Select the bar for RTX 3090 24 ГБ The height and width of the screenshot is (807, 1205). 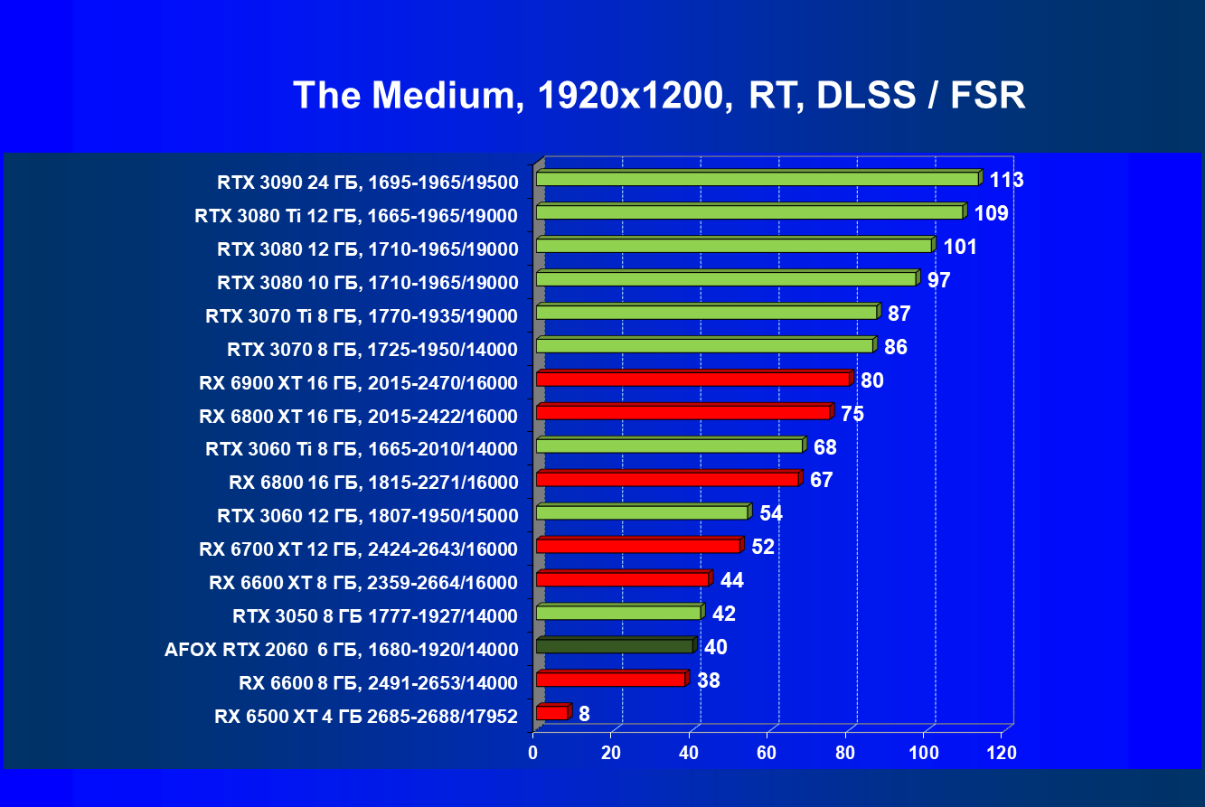point(758,179)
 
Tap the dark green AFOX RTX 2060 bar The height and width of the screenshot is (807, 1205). point(615,646)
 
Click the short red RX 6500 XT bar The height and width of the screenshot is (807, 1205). point(552,713)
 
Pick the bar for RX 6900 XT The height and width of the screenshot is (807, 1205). point(693,379)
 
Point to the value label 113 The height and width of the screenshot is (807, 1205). point(1006,180)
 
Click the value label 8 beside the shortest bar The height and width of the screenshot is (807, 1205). point(585,714)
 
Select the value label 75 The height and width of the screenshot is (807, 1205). point(852,414)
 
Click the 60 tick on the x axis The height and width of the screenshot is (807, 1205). point(767,753)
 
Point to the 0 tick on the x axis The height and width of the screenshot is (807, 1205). point(533,753)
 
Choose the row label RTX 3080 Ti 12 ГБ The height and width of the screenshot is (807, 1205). point(356,216)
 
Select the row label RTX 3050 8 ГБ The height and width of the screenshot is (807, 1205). point(375,616)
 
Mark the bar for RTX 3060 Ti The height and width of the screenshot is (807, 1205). point(670,446)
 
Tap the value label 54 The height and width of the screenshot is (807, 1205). point(771,513)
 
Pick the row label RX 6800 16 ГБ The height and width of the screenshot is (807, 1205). point(373,483)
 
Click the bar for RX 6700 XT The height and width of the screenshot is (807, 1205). point(638,546)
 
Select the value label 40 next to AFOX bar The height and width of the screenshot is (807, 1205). point(716,647)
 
